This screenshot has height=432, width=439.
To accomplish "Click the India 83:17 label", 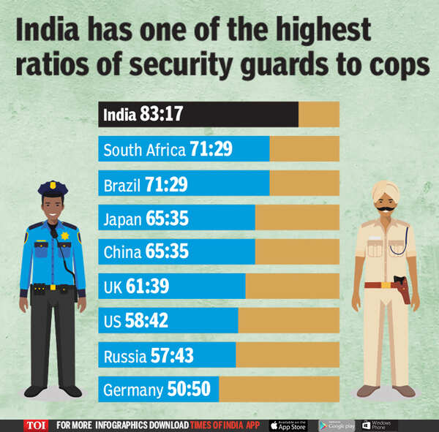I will pos(143,115).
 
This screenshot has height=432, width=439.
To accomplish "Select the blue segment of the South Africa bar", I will pos(184,149).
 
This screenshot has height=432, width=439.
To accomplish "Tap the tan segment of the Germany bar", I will pos(279,390).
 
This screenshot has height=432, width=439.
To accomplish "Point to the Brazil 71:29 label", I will pos(145,183).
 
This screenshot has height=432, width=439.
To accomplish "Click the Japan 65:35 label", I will pos(145,218).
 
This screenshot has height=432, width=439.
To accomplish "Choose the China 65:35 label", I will pos(145,252).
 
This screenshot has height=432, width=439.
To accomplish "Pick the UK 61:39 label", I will pos(136,287).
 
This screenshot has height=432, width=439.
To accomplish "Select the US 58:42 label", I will pos(136,321).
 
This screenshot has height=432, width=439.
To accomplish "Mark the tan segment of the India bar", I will pos(318,115).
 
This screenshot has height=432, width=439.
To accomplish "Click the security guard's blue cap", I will pos(53,189).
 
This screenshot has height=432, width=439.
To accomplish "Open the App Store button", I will pos(288,425).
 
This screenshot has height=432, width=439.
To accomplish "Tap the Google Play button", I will pos(337,425).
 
